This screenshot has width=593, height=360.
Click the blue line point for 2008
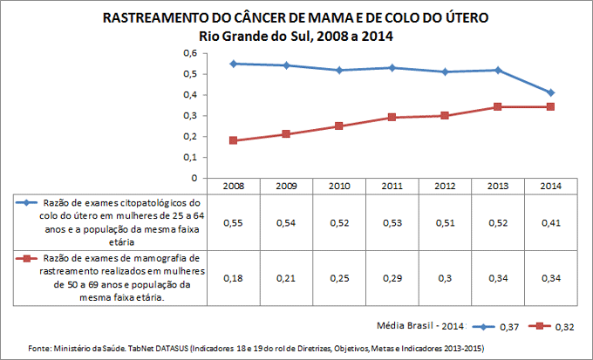pyautogui.click(x=233, y=64)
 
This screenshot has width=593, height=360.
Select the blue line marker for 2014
pyautogui.click(x=551, y=92)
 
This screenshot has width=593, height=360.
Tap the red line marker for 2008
pyautogui.click(x=233, y=140)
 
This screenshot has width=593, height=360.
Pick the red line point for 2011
pyautogui.click(x=392, y=117)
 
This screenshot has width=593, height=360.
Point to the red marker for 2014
pyautogui.click(x=551, y=106)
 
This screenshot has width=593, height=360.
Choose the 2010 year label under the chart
pyautogui.click(x=339, y=186)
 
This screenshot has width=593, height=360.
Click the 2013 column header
pyautogui.click(x=499, y=186)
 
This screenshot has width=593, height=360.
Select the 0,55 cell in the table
pyautogui.click(x=233, y=222)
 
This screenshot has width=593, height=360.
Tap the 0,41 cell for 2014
pyautogui.click(x=551, y=222)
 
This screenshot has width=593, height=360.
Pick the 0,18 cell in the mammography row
pyautogui.click(x=233, y=277)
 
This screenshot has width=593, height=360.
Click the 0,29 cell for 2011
pyautogui.click(x=392, y=277)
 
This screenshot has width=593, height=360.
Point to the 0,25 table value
pyautogui.click(x=339, y=277)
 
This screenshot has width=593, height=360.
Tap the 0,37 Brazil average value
pyautogui.click(x=508, y=327)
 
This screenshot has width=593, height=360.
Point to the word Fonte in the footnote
pyautogui.click(x=43, y=348)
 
